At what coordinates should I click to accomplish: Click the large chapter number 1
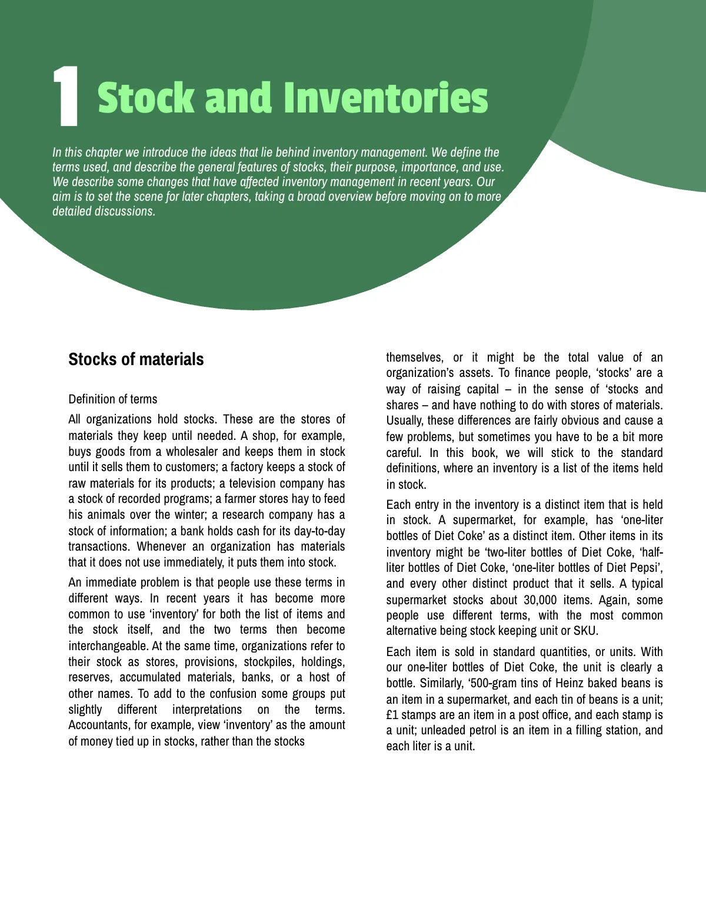coord(66,97)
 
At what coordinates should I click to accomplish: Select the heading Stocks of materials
coord(136,359)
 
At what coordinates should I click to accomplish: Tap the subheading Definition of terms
coord(113,399)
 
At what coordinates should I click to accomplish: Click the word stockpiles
coord(268,662)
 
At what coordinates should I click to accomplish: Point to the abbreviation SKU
coord(585,631)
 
